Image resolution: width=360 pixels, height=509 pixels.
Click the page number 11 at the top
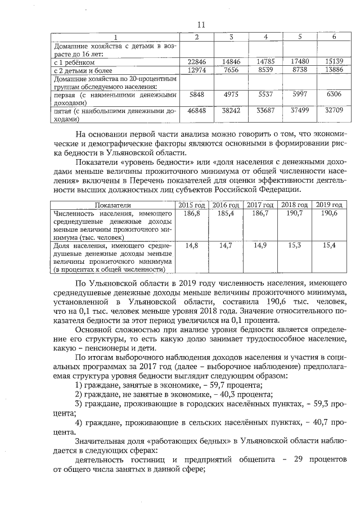click(x=202, y=24)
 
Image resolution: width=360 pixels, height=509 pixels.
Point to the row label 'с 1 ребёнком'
click(x=74, y=62)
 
